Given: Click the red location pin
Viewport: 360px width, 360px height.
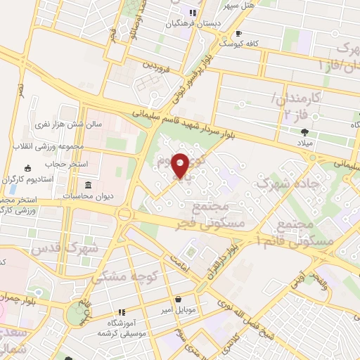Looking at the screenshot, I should coord(181,165).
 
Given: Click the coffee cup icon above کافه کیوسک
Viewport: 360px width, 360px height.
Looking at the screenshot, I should coord(238,33).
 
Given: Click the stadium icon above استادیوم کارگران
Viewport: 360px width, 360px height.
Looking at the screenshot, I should coord(27,168).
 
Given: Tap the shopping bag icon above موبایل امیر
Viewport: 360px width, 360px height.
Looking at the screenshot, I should coord(178,298).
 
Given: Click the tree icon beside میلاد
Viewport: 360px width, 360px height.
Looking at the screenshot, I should coord(303,131).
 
